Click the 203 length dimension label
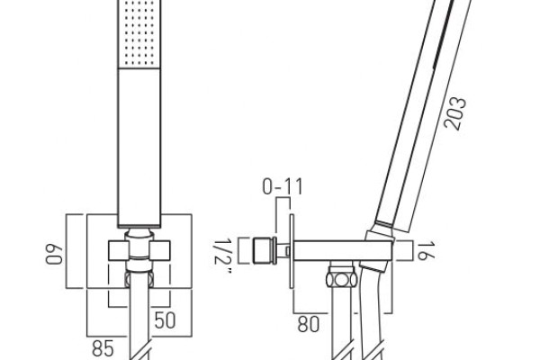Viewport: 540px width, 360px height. click(x=454, y=113)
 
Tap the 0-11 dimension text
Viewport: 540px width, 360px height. click(x=283, y=186)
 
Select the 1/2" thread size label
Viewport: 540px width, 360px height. click(x=222, y=257)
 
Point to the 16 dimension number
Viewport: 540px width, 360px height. click(x=426, y=250)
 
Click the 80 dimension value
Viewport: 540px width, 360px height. click(x=309, y=324)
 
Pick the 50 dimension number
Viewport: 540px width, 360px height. click(x=165, y=320)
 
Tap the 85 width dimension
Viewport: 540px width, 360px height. click(x=103, y=348)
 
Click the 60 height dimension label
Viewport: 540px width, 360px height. click(x=54, y=254)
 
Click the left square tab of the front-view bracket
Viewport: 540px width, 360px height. click(x=119, y=250)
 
